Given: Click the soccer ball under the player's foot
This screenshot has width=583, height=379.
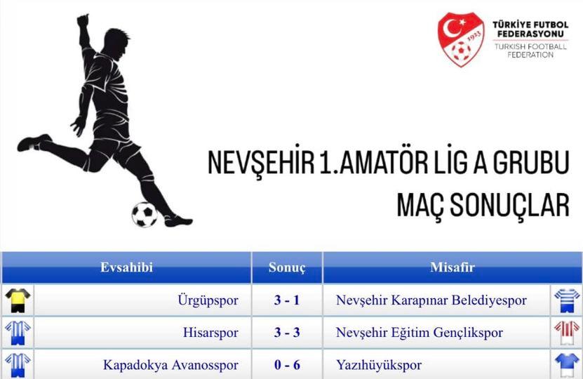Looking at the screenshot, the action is (145, 214).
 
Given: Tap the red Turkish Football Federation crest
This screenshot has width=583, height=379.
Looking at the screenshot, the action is (461, 39).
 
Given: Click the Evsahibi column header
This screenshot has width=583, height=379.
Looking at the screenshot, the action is (126, 267).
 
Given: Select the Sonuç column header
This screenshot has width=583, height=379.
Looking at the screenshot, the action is (287, 267).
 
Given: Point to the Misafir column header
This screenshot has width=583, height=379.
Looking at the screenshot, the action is (453, 267).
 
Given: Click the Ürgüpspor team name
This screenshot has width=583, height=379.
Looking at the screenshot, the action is (208, 300).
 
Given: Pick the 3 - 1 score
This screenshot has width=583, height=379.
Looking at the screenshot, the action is (287, 300).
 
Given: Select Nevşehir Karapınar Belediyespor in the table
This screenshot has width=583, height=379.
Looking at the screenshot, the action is (431, 300).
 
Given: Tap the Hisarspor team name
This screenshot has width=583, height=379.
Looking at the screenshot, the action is (210, 333).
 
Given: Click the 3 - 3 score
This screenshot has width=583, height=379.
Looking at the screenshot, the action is (287, 332).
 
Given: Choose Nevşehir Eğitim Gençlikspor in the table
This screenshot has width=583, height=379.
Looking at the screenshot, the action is (420, 333).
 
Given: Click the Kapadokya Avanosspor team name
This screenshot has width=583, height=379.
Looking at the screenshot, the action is (170, 365).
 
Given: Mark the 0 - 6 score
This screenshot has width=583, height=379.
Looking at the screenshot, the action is (287, 364).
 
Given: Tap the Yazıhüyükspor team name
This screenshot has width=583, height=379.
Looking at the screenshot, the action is (379, 365).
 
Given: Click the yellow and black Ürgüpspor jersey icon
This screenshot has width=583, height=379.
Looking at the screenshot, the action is (18, 300).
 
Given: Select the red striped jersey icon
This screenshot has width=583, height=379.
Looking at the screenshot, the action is (567, 333).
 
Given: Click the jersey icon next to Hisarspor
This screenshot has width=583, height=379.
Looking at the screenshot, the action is (18, 333).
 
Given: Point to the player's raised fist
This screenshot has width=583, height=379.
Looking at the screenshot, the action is (83, 20).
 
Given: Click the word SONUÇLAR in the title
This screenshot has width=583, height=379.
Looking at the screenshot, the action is (483, 205).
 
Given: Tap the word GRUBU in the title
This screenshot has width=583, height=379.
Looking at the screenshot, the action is (531, 162).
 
